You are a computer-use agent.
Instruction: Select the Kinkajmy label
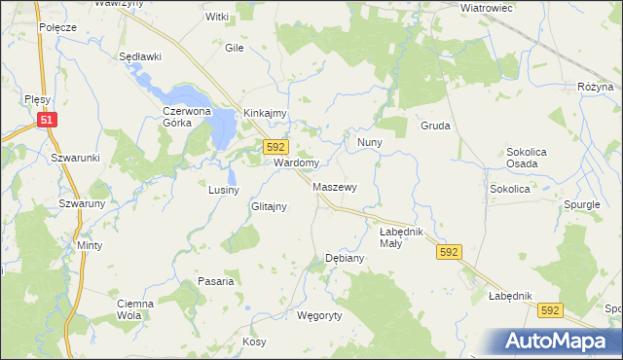(x=265, y=113)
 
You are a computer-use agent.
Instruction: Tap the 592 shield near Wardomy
(x=275, y=146)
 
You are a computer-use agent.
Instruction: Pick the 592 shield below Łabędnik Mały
(x=448, y=251)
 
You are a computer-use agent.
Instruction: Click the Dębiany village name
(x=344, y=259)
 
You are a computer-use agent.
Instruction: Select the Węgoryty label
(x=319, y=315)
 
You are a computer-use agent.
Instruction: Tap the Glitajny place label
(x=268, y=207)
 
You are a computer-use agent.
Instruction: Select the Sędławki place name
(x=138, y=57)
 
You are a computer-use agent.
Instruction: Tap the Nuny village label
(x=369, y=142)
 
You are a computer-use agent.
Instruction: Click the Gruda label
(x=434, y=126)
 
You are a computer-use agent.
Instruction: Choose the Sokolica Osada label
(x=530, y=158)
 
